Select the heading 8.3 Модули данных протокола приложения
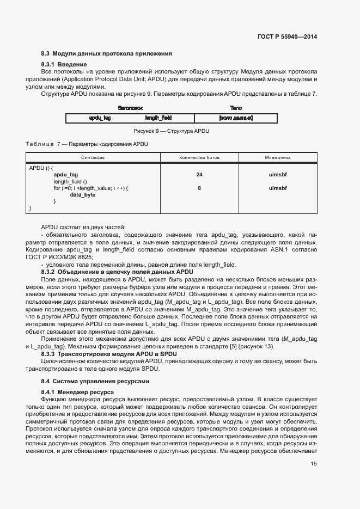click(107, 54)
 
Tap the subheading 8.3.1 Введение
click(64, 65)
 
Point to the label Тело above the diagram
click(235, 108)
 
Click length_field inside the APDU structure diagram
click(158, 118)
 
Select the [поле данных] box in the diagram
click(235, 118)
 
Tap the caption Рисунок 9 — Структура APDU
click(172, 131)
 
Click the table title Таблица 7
click(87, 144)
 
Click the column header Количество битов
click(199, 157)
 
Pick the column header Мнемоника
click(277, 157)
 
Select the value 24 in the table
click(199, 175)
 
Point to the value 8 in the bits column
click(199, 188)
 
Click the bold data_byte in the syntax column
click(83, 195)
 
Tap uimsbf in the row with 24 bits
click(277, 175)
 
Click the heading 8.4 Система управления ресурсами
click(95, 381)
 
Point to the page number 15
click(314, 463)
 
